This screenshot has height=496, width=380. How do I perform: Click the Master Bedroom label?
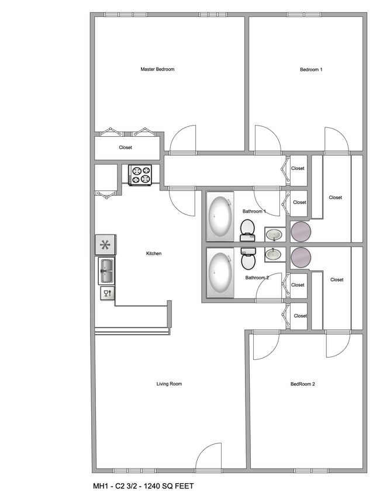[157, 70]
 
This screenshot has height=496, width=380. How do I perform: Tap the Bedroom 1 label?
[311, 70]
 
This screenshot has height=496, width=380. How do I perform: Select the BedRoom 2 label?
[302, 384]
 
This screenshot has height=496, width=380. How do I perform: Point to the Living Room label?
[169, 384]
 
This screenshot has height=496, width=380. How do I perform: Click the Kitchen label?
[154, 254]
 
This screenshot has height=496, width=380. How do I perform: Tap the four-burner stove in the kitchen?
[140, 175]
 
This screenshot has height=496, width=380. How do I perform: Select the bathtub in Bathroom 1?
[220, 217]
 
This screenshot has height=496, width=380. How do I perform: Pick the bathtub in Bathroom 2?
[220, 273]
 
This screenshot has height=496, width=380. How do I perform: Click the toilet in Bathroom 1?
[247, 230]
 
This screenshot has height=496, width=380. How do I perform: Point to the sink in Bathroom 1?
[273, 235]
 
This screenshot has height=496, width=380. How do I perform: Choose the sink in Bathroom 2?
[273, 254]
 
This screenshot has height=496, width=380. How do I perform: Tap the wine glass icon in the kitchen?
[107, 293]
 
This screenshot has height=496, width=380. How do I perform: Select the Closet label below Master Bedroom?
[125, 148]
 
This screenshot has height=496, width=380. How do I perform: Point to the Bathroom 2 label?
[257, 278]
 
